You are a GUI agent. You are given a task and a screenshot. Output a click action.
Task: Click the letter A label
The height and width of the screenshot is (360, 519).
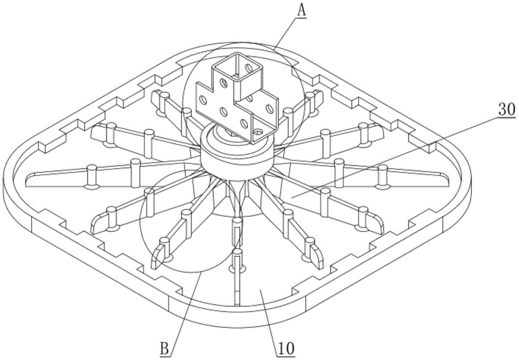[302, 11]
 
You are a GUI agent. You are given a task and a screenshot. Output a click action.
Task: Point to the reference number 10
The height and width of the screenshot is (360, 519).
[286, 349]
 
